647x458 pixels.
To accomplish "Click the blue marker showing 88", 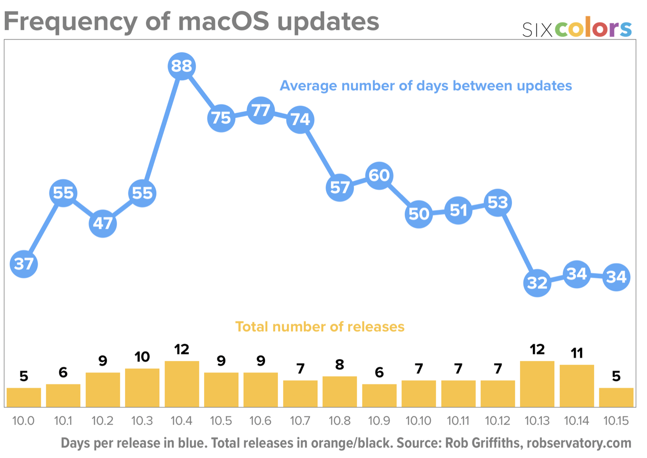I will tap(181, 66).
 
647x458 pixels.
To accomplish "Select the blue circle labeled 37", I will tap(24, 263).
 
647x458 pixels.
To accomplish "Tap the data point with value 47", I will tap(103, 223).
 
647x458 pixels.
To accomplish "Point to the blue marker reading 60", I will tap(379, 175).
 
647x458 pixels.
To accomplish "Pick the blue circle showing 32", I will tap(537, 283).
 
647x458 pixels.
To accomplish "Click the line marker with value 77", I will tap(261, 110).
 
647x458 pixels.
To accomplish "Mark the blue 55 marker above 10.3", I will tap(142, 193).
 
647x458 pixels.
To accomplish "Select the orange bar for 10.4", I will tap(182, 384).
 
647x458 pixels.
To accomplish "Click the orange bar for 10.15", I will tap(616, 397).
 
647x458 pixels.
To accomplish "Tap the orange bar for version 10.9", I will tap(379, 395).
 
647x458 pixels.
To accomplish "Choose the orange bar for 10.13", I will tap(537, 384).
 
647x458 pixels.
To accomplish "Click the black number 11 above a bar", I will tap(577, 353).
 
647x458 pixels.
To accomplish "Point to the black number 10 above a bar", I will tap(142, 357).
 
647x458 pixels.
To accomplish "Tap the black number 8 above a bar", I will tap(340, 365).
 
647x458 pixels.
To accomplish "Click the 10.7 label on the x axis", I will tap(300, 421).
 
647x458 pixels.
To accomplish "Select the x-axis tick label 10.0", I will tap(23, 421).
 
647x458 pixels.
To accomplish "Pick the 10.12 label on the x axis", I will tap(498, 421).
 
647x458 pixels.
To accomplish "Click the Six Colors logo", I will tap(577, 29).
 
